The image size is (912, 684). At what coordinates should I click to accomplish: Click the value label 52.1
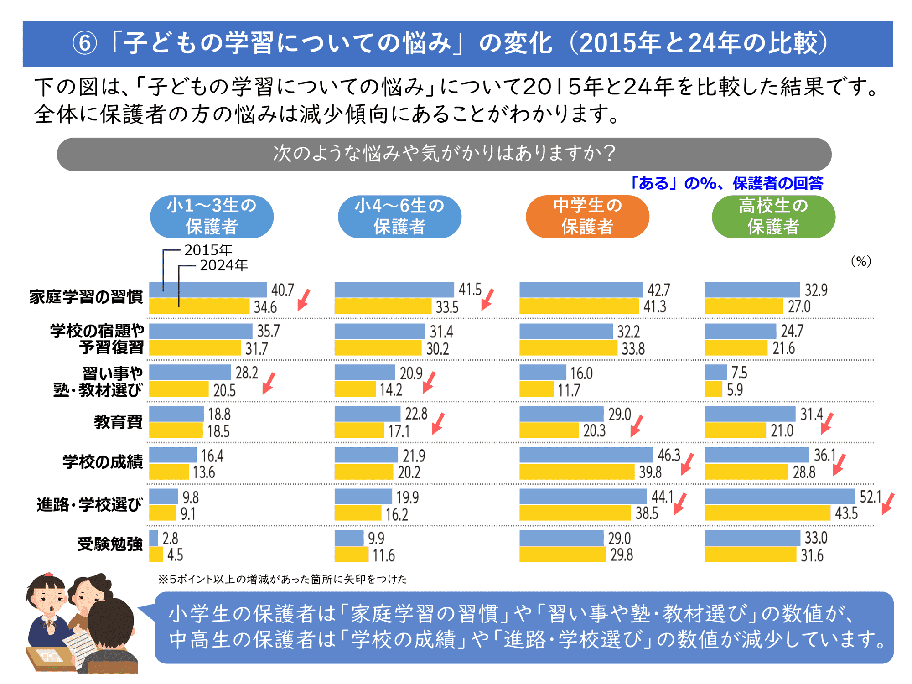[x=870, y=497]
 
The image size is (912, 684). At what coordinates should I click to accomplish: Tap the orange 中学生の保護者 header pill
[x=587, y=217]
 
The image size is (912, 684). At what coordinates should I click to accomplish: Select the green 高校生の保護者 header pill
[x=773, y=217]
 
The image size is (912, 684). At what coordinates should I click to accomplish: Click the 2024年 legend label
[x=223, y=265]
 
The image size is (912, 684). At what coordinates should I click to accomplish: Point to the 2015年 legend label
[x=208, y=250]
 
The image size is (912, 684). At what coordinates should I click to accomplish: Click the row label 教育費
[x=118, y=422]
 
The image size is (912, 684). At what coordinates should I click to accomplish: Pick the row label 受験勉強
[x=110, y=544]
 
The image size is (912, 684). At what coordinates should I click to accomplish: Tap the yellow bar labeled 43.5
[x=767, y=513]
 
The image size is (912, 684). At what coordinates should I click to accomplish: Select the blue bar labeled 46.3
[x=586, y=455]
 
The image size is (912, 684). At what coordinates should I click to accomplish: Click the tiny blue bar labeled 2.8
[x=154, y=538]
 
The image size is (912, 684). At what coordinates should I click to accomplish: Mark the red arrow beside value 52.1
[x=888, y=504]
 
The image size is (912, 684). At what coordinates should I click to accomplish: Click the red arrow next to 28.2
[x=269, y=383]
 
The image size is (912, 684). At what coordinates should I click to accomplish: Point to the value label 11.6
[x=383, y=555]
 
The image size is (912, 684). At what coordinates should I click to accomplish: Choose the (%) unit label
[x=861, y=261]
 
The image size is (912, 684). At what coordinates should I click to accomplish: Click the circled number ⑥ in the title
[x=85, y=44]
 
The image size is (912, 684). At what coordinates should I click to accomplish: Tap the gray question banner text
[x=444, y=154]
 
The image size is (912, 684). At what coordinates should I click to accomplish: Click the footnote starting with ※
[x=282, y=579]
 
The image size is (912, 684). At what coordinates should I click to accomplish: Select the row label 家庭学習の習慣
[x=86, y=297]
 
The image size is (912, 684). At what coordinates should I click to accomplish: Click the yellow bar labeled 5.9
[x=714, y=389]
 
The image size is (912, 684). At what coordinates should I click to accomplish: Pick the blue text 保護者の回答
[x=778, y=183]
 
